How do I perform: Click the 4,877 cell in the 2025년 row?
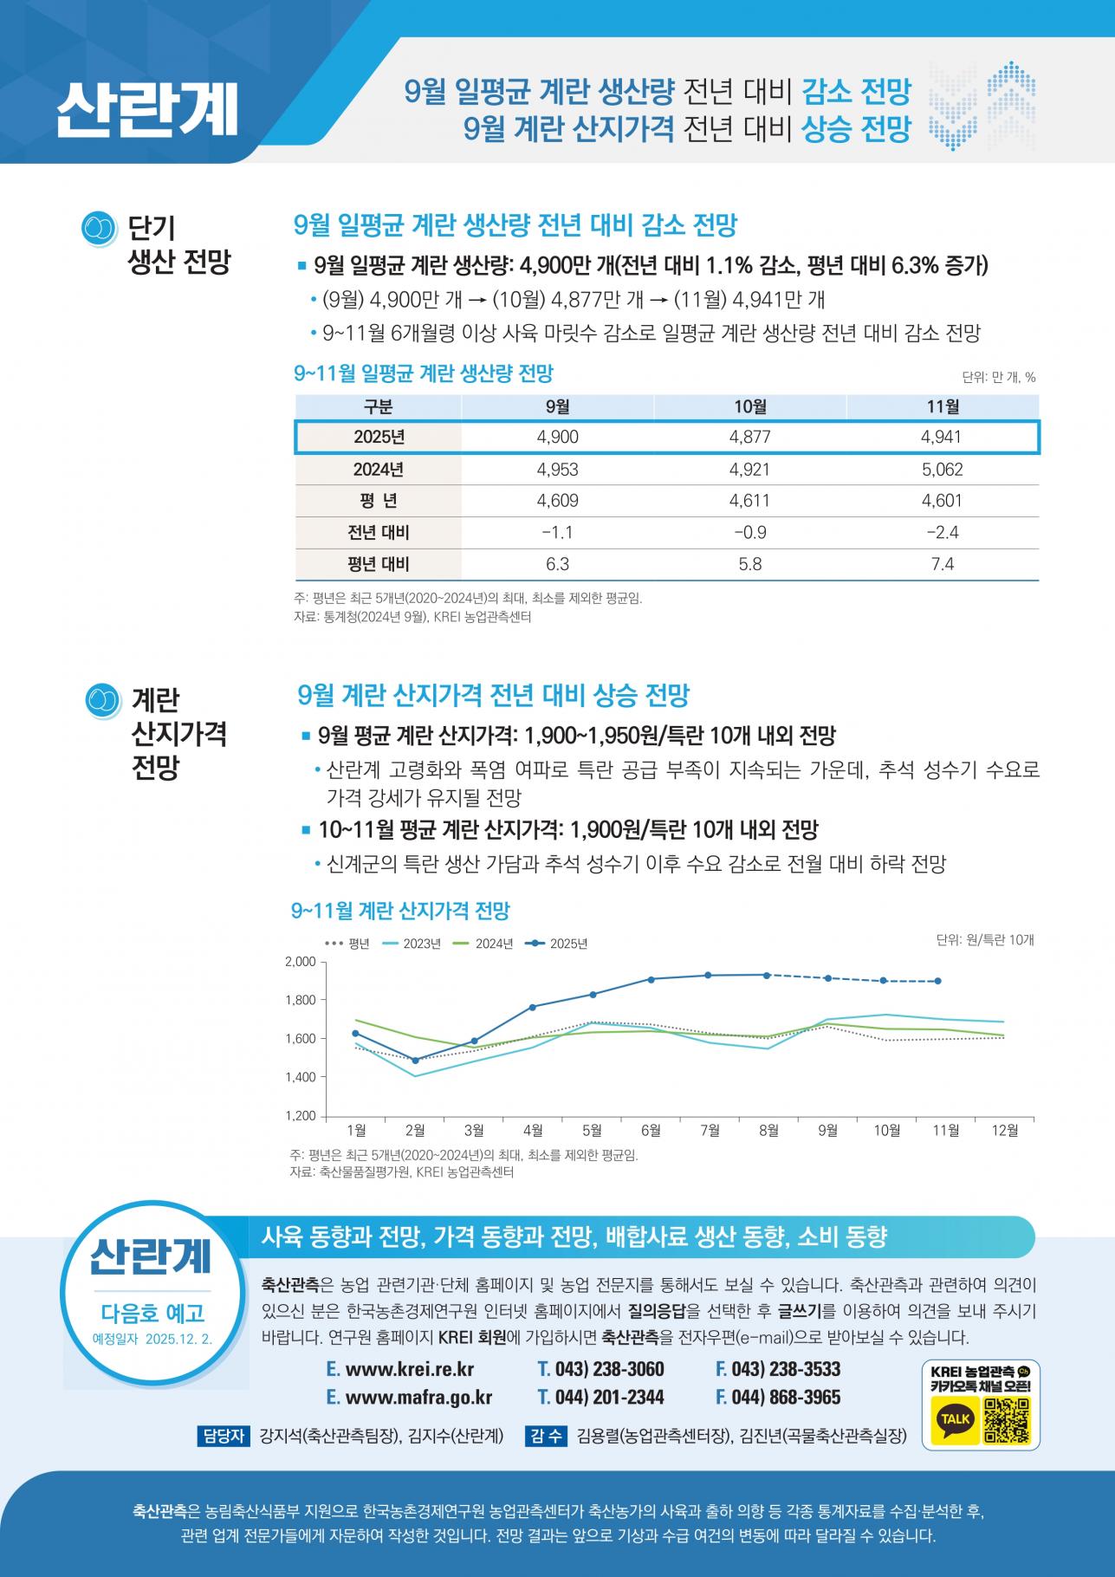click(x=749, y=438)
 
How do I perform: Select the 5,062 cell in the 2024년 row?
click(x=942, y=470)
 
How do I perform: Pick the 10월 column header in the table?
click(x=749, y=406)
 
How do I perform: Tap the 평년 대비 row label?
click(x=378, y=564)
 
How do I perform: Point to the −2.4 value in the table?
click(x=942, y=532)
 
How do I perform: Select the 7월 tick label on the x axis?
click(x=710, y=1130)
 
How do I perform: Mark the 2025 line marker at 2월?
click(x=415, y=1061)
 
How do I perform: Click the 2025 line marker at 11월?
click(x=938, y=981)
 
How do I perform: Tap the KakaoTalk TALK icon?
click(x=956, y=1418)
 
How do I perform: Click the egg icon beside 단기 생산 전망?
click(x=100, y=229)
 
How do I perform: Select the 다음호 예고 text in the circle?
click(x=152, y=1313)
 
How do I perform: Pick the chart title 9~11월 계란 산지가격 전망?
click(x=400, y=911)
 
